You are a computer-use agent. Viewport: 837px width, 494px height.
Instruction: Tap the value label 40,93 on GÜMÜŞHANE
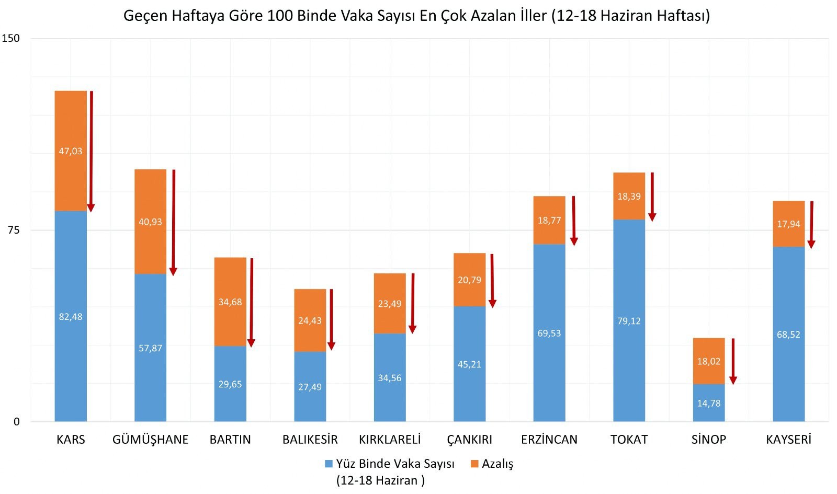[150, 222]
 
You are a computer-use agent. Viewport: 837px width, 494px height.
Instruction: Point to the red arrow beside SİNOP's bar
[733, 361]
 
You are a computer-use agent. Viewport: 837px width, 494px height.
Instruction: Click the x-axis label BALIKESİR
[310, 440]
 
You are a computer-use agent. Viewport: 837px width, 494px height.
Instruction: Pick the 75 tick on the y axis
[13, 230]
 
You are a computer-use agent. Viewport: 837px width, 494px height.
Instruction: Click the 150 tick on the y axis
[10, 38]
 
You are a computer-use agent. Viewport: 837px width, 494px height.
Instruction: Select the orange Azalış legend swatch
[474, 464]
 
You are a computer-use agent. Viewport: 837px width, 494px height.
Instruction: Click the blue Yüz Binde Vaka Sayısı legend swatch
[329, 464]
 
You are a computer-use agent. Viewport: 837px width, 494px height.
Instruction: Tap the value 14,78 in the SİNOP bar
[709, 404]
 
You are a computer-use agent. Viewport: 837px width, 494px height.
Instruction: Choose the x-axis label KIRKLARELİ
[390, 440]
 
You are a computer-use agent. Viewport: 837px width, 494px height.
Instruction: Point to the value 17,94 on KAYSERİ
[788, 224]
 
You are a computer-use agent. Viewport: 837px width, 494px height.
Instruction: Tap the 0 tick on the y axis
[16, 422]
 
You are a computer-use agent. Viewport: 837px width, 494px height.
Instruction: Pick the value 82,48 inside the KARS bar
[71, 317]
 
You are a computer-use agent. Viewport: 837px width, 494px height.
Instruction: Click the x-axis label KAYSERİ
[788, 440]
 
